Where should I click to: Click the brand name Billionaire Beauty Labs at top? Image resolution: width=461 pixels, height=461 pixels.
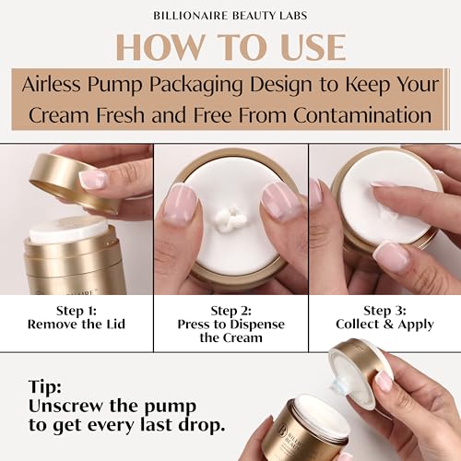tap(230, 16)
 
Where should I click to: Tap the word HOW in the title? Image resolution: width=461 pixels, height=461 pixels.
tap(160, 47)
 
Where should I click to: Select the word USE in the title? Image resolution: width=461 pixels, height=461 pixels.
tap(313, 47)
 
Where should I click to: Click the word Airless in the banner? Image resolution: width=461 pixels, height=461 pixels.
tap(52, 84)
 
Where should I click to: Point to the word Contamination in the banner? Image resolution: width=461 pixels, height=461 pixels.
tap(362, 115)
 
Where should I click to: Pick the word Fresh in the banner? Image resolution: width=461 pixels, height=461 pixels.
tap(120, 115)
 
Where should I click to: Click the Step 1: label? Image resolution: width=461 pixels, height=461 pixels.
tap(77, 311)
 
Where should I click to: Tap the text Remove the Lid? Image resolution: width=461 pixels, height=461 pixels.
tap(77, 325)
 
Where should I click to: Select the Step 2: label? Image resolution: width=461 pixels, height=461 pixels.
tap(230, 311)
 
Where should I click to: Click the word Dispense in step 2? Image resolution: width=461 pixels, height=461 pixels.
tap(257, 325)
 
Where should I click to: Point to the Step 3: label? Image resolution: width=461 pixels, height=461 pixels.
tap(384, 311)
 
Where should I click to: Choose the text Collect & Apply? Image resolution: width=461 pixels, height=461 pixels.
tap(384, 325)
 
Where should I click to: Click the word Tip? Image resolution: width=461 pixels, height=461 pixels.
tap(45, 386)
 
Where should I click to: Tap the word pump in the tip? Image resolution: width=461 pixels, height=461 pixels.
tap(170, 408)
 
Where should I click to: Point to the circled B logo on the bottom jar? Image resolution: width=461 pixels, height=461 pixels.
tap(281, 430)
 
